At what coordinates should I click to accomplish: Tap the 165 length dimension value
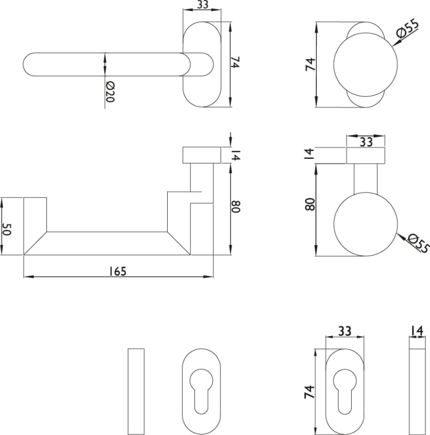coord(118,271)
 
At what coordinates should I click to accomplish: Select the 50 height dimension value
coord(6,229)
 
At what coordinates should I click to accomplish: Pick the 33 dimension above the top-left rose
coord(202,4)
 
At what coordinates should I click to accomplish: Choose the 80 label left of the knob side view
coord(310,204)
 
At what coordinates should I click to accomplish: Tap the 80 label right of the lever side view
coord(236,207)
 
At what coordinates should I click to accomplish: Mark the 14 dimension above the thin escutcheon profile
coord(417,331)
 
